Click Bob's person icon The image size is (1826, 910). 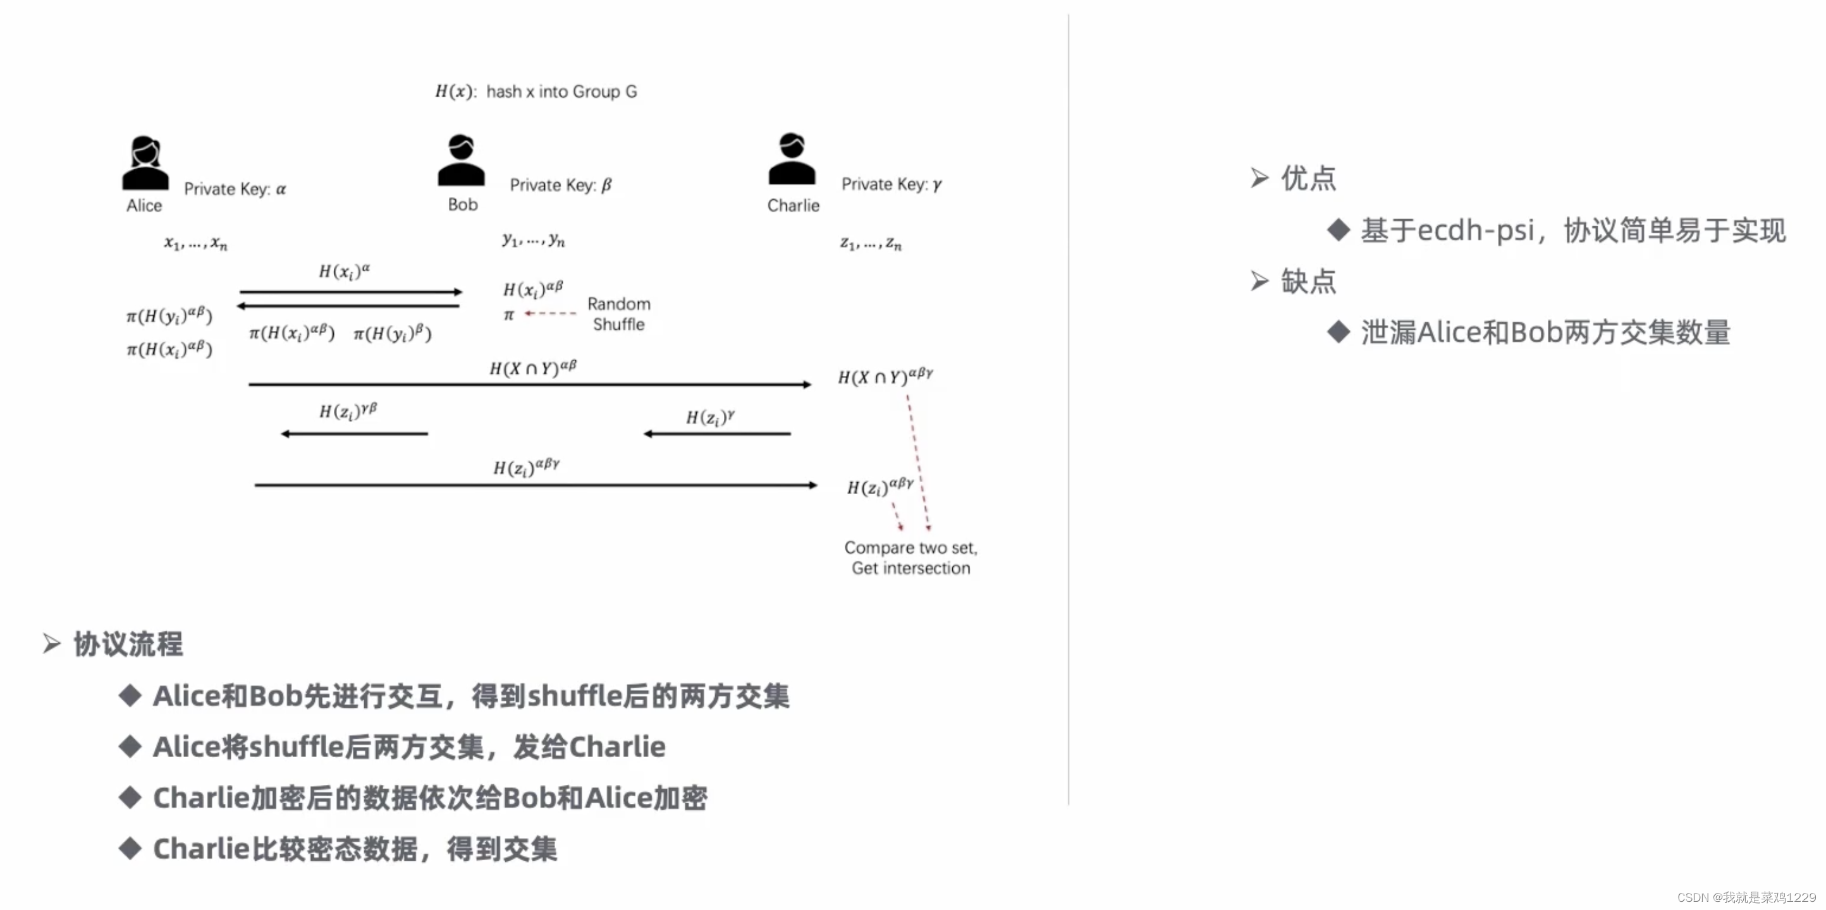click(x=461, y=161)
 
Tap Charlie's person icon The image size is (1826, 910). click(x=792, y=159)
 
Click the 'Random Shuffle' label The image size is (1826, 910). click(x=619, y=314)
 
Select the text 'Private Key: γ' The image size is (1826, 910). click(x=891, y=185)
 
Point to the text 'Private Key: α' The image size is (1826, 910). click(x=235, y=189)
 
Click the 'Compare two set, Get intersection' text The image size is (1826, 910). click(x=911, y=558)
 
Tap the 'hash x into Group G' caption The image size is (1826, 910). click(x=561, y=92)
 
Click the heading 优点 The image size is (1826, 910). click(x=1308, y=178)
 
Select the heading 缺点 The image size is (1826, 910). click(x=1308, y=281)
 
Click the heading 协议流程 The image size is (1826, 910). click(x=128, y=644)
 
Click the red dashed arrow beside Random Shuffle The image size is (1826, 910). click(x=550, y=313)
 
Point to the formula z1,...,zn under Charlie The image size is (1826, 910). click(x=871, y=244)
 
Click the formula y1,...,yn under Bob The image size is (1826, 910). click(x=533, y=240)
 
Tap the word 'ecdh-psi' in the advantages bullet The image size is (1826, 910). click(x=1475, y=230)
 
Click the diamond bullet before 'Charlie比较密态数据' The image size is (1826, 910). click(x=130, y=848)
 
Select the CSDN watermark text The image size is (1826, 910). click(x=1746, y=897)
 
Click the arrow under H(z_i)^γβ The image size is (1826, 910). click(x=355, y=434)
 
